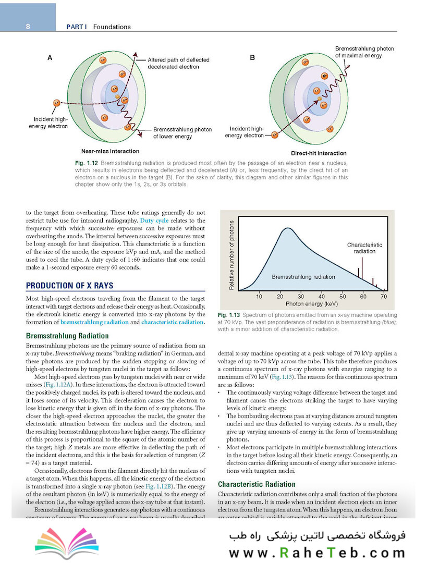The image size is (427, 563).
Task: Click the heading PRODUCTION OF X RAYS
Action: point(69,286)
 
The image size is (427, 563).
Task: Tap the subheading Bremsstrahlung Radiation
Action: point(67,336)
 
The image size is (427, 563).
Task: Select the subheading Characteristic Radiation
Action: point(257,484)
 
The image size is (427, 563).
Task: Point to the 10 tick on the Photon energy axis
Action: point(259,296)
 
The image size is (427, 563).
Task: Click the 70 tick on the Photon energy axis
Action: point(384,296)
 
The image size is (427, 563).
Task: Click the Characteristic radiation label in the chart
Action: point(364,248)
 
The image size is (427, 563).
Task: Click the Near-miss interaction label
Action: point(110,151)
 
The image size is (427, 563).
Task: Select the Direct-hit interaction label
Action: point(318,153)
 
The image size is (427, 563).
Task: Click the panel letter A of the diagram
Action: point(50,58)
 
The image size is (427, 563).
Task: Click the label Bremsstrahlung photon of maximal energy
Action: point(364,52)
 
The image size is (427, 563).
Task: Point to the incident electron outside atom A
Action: point(57,103)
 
